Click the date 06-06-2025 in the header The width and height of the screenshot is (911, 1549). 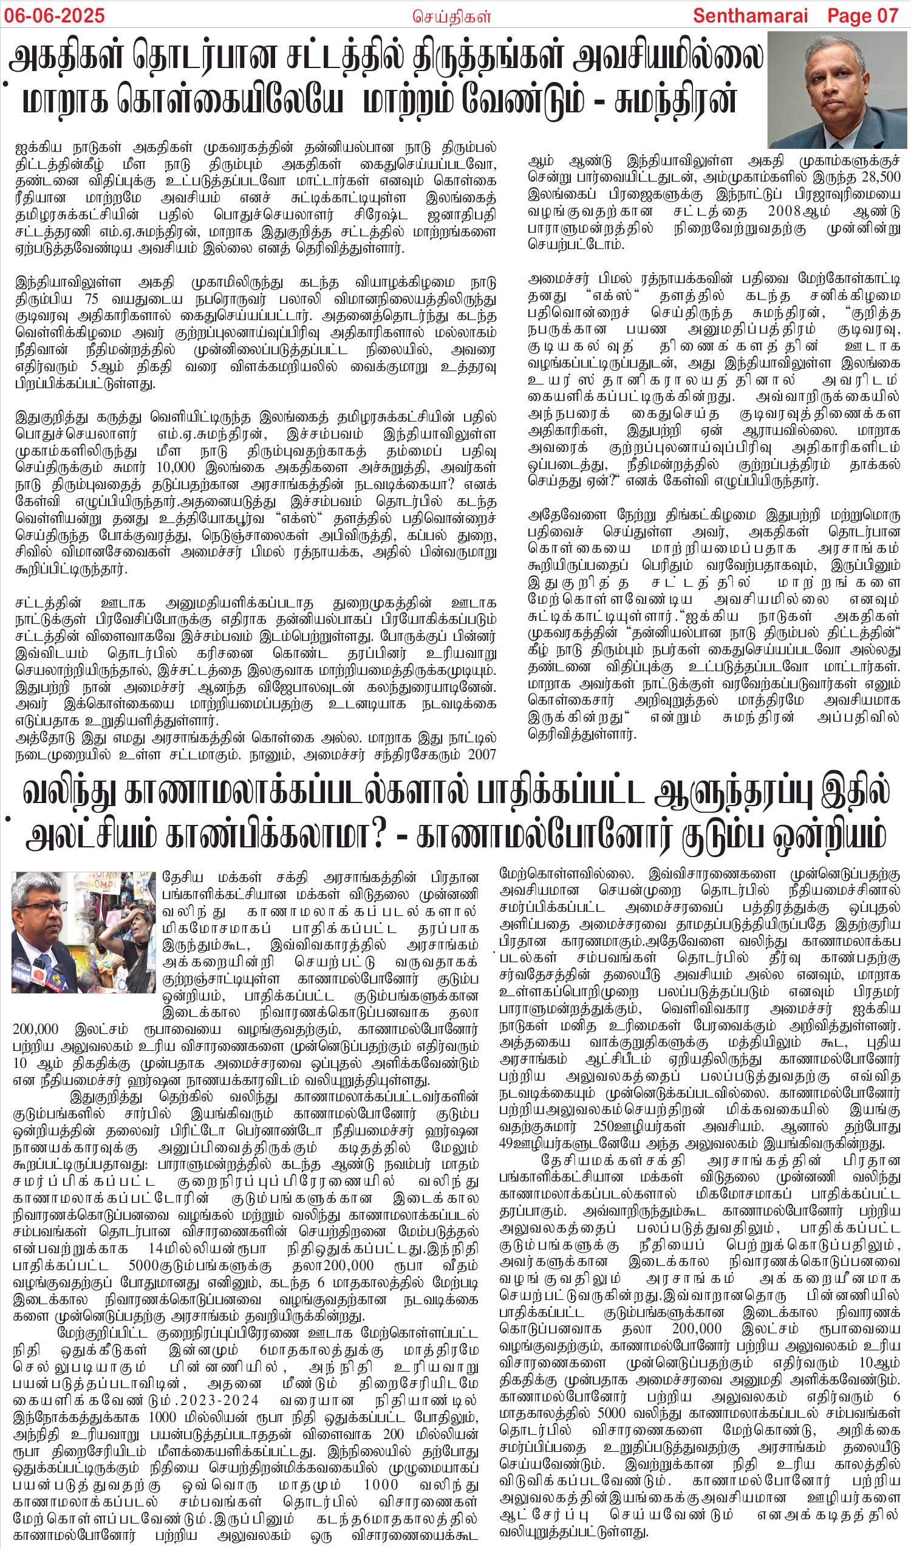click(55, 15)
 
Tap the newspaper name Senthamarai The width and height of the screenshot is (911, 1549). click(749, 15)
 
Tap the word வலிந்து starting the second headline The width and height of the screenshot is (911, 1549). click(67, 792)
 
